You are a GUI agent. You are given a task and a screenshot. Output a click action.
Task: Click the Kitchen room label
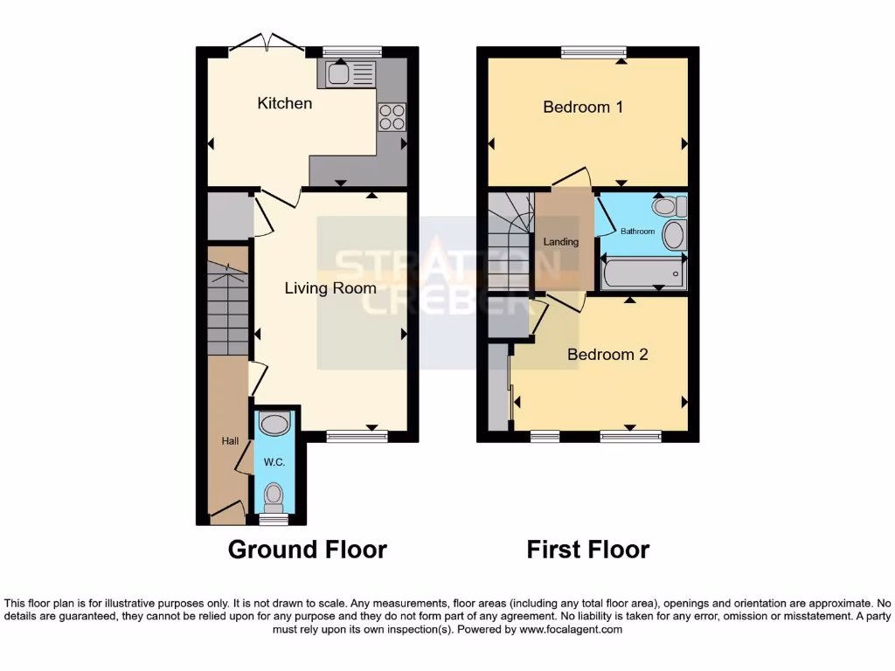[284, 103]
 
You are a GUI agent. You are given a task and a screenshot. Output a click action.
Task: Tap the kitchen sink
[350, 74]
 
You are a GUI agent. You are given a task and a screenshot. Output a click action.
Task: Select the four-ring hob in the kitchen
[391, 117]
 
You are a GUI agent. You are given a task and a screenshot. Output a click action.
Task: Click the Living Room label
[330, 287]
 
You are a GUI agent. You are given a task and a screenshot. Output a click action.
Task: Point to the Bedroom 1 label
[583, 107]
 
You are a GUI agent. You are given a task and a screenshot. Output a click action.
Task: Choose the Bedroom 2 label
[607, 354]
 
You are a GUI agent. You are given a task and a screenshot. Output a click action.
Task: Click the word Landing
[561, 242]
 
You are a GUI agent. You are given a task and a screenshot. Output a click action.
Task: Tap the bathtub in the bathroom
[643, 273]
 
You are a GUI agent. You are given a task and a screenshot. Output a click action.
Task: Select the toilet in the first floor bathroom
[670, 207]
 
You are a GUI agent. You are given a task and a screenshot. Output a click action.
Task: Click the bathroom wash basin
[674, 235]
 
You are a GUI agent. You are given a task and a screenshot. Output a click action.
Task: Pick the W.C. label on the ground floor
[274, 461]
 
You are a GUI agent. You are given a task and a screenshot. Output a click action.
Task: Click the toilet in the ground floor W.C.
[274, 496]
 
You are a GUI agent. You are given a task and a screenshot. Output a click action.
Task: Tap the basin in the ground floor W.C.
[274, 425]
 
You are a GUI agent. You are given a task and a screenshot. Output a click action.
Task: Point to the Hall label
[230, 441]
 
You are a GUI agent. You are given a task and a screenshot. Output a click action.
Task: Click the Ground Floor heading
[307, 550]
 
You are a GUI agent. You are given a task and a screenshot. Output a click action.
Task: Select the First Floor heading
[587, 550]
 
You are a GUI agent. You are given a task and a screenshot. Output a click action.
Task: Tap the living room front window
[357, 436]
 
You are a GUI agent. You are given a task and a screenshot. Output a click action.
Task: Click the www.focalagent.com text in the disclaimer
[570, 629]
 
